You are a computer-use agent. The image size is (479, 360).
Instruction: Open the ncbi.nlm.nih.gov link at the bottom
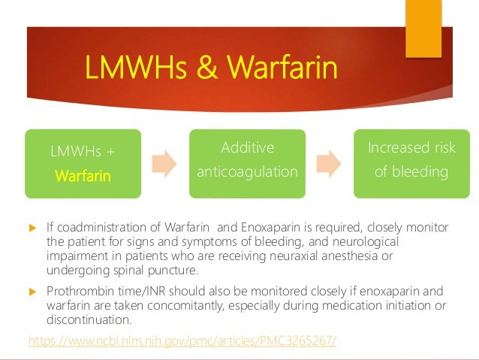click(x=182, y=340)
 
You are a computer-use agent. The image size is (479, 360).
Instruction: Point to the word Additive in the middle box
click(x=247, y=147)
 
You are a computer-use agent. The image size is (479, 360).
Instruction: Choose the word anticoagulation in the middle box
click(x=247, y=172)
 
